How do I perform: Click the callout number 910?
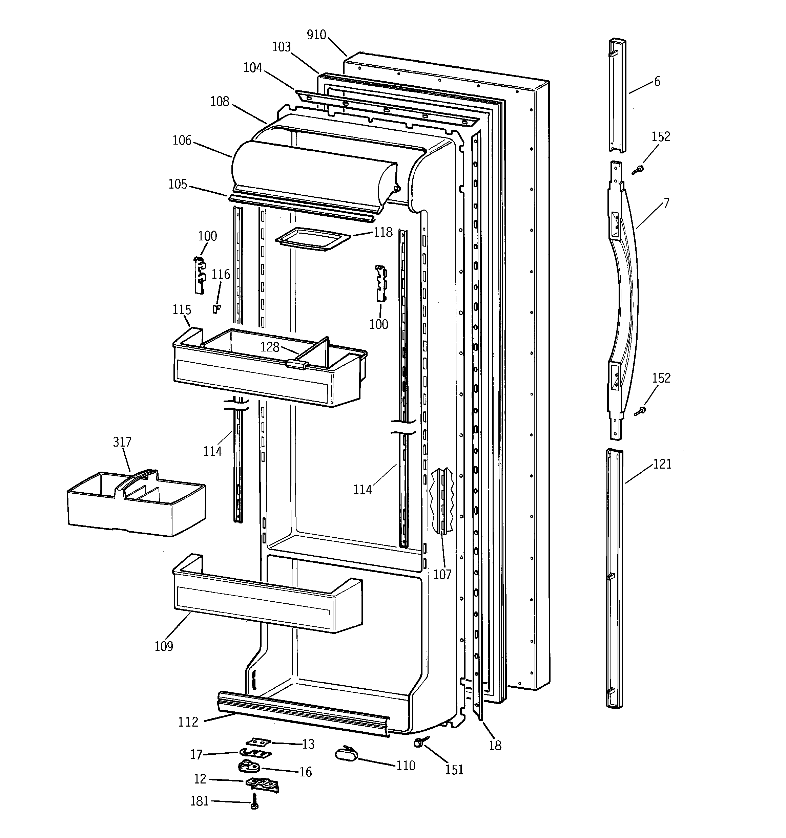point(316,35)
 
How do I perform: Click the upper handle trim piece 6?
point(617,95)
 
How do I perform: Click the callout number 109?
point(164,646)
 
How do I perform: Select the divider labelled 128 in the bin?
point(319,352)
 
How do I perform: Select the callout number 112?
point(188,722)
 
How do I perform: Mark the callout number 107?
point(442,574)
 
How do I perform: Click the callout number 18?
point(495,745)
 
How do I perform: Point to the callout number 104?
point(253,68)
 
